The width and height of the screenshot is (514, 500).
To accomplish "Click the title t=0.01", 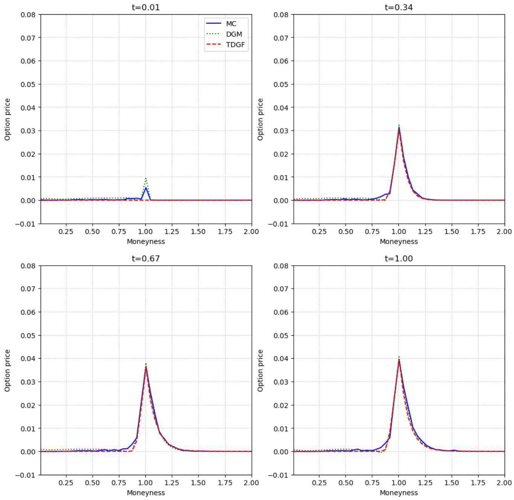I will pyautogui.click(x=146, y=7).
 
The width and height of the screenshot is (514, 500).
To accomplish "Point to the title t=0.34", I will pyautogui.click(x=399, y=7).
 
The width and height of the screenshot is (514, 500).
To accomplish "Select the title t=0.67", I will pyautogui.click(x=146, y=258).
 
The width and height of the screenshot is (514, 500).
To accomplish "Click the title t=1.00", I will pyautogui.click(x=399, y=258).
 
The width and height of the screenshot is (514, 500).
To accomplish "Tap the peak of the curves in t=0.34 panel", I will pyautogui.click(x=399, y=128).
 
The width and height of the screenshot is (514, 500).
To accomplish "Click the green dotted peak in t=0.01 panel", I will pyautogui.click(x=146, y=178).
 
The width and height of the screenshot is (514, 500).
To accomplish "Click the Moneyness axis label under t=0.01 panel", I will pyautogui.click(x=146, y=242).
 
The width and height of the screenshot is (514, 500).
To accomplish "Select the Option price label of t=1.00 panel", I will pyautogui.click(x=260, y=371).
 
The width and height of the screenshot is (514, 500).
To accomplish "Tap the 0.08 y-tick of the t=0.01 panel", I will pyautogui.click(x=28, y=15).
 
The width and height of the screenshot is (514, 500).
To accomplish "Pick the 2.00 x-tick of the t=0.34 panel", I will pyautogui.click(x=504, y=231).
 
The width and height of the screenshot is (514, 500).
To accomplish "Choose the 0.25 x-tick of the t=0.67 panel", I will pyautogui.click(x=66, y=483).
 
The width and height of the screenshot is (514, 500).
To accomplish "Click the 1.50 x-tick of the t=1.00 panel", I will pyautogui.click(x=451, y=483).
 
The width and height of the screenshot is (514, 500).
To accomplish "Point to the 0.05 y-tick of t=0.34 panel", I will pyautogui.click(x=281, y=84).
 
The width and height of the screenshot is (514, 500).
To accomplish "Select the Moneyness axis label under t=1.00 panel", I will pyautogui.click(x=399, y=493).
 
